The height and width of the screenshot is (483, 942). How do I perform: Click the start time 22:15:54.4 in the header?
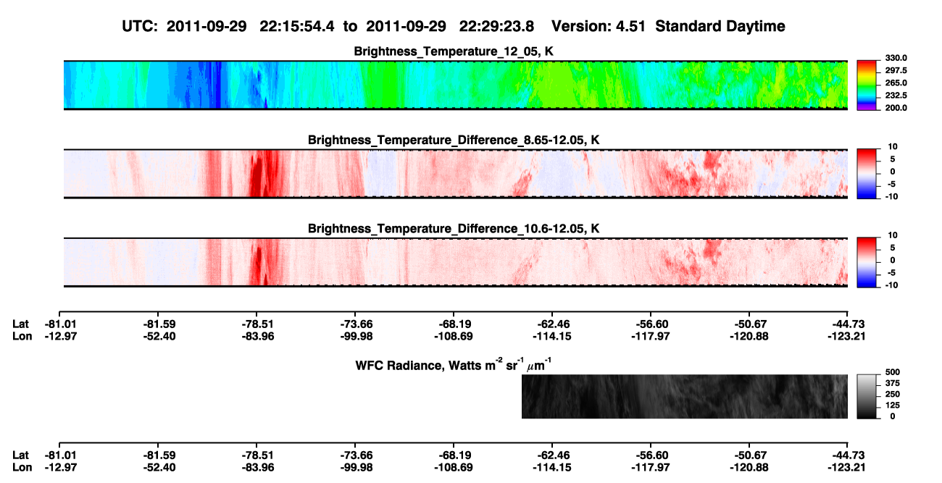click(297, 27)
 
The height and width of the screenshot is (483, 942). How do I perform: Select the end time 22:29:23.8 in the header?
click(496, 27)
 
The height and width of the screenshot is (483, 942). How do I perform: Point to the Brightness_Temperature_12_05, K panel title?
click(454, 51)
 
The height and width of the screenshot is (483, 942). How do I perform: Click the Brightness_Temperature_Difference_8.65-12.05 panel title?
click(454, 140)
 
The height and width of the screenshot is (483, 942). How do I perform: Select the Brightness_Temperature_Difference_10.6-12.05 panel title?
click(454, 229)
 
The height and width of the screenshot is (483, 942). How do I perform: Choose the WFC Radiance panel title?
click(454, 365)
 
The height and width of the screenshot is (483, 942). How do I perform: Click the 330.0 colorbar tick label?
click(896, 58)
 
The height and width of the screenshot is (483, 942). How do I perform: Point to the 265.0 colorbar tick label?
click(896, 83)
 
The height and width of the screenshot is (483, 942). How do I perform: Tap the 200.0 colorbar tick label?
click(896, 108)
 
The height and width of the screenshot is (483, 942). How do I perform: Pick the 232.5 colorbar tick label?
click(896, 96)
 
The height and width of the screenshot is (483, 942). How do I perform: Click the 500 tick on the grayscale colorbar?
click(893, 372)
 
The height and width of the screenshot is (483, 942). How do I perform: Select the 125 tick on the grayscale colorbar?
click(893, 406)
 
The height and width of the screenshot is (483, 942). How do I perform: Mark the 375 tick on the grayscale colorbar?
click(893, 383)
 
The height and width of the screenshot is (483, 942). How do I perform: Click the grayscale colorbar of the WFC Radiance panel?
click(867, 396)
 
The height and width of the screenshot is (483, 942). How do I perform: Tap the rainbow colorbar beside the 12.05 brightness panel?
click(867, 85)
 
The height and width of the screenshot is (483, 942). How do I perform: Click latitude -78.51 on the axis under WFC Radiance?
click(257, 455)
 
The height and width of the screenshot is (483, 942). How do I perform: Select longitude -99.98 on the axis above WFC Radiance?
click(357, 337)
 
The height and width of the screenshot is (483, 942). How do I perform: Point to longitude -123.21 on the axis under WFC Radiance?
click(846, 468)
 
